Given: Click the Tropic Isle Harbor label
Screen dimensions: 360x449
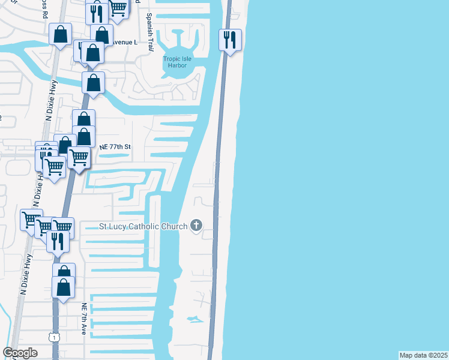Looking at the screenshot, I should pyautogui.click(x=179, y=62).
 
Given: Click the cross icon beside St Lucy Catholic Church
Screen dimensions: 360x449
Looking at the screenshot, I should pyautogui.click(x=195, y=226).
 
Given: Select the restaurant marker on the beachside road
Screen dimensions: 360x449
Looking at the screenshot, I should pyautogui.click(x=230, y=40).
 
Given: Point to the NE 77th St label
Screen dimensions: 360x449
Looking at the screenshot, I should pyautogui.click(x=114, y=147).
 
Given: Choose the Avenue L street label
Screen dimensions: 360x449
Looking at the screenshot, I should pyautogui.click(x=125, y=43).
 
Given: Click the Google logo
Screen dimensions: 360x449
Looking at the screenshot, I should pyautogui.click(x=20, y=353).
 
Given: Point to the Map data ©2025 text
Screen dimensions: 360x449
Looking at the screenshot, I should pyautogui.click(x=423, y=355).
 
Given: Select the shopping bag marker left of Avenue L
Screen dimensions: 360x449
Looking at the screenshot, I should pyautogui.click(x=61, y=34).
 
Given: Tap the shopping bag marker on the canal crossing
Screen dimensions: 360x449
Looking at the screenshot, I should pyautogui.click(x=93, y=83).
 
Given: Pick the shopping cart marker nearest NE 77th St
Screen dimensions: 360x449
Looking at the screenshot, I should pyautogui.click(x=79, y=158).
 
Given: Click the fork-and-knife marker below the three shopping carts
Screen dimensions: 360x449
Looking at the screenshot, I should pyautogui.click(x=58, y=240).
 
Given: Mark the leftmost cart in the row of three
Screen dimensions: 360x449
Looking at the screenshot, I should pyautogui.click(x=31, y=220).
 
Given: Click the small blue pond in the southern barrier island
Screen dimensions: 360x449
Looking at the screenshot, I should pyautogui.click(x=193, y=318).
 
